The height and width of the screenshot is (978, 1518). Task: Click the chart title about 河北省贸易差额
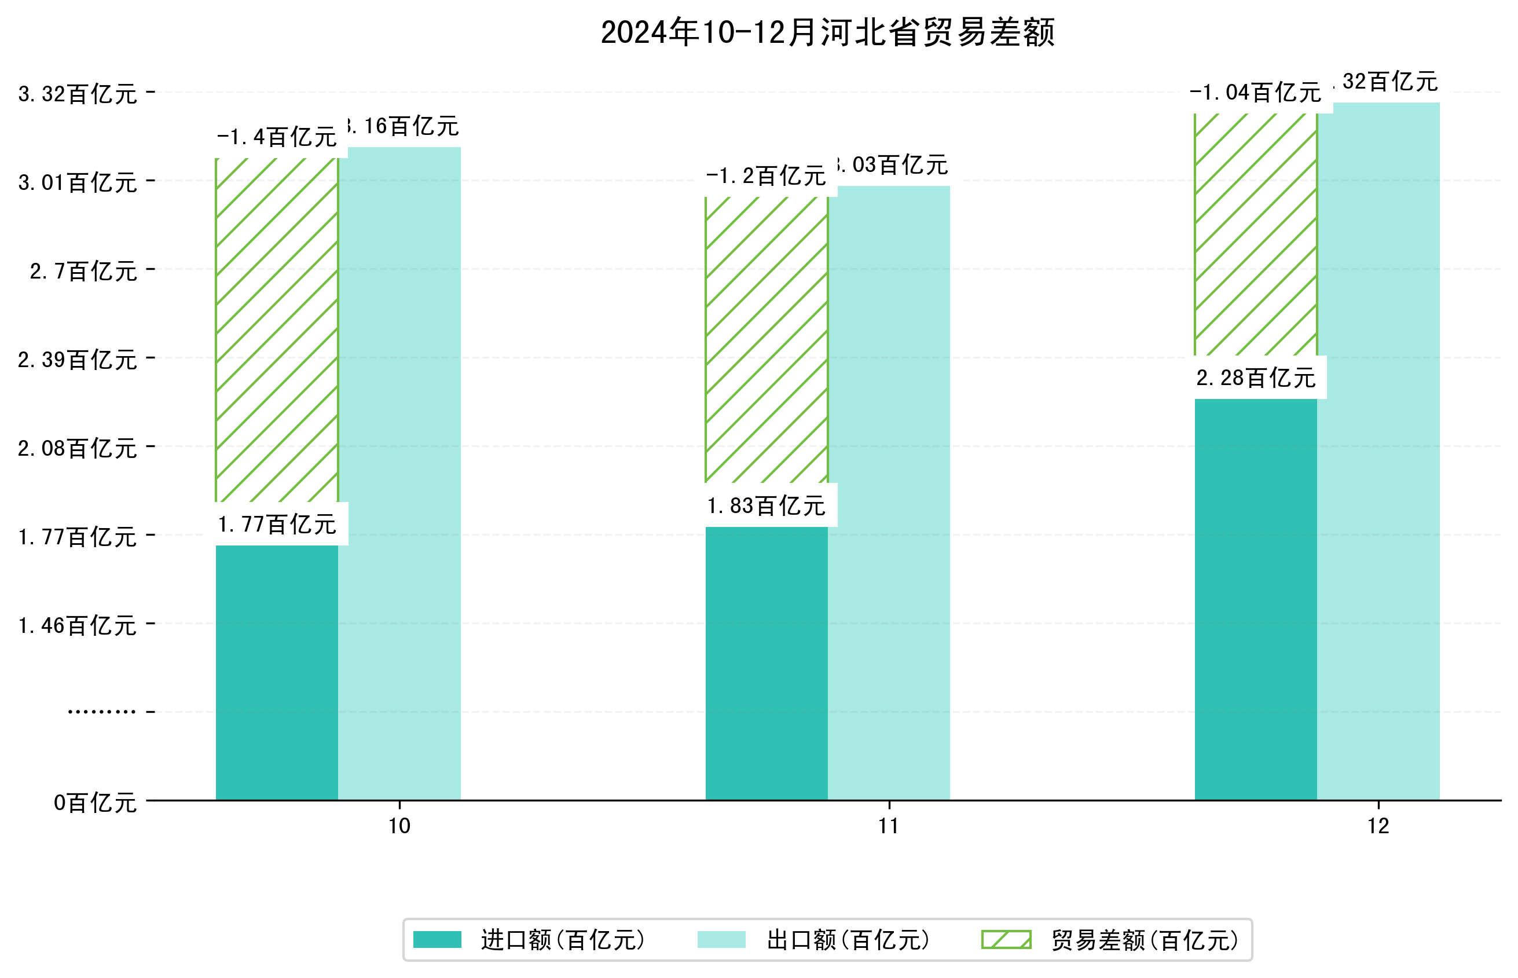(827, 32)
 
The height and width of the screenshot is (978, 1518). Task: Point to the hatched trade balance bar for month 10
(277, 329)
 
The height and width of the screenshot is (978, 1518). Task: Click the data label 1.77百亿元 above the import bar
(277, 525)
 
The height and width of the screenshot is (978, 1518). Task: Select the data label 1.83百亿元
(767, 506)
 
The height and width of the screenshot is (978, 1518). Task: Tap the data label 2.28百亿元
(1255, 378)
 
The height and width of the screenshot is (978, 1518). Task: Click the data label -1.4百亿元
(277, 137)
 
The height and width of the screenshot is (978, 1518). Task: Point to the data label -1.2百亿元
(767, 175)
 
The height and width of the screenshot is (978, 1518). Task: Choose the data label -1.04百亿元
(1255, 93)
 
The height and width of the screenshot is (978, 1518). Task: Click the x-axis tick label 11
(889, 826)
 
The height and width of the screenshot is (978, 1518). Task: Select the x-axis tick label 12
(1378, 826)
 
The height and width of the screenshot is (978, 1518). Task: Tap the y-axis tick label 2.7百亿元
(83, 271)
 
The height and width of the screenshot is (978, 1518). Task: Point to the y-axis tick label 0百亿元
(95, 803)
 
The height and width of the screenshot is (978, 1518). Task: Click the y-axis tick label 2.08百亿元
(78, 448)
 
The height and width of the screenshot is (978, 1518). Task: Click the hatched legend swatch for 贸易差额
(1006, 940)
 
